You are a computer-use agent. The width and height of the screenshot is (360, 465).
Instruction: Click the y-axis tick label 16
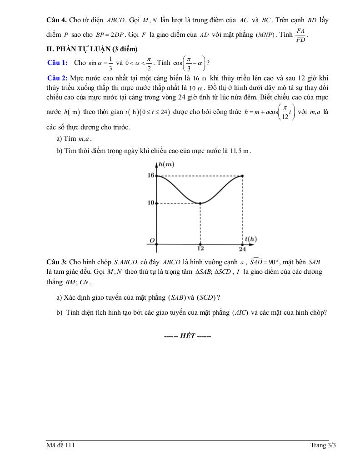(x=151, y=175)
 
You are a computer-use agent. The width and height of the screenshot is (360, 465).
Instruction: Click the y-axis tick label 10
(x=151, y=203)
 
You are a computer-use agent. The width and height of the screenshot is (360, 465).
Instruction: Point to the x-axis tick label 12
(x=200, y=249)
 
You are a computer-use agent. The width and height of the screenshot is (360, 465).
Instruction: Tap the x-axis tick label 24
(x=242, y=249)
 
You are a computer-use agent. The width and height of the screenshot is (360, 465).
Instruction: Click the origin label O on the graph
(x=152, y=239)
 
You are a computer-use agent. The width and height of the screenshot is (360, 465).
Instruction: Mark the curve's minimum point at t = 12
(x=200, y=203)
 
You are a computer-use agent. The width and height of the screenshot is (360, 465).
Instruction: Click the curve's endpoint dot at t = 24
(x=242, y=176)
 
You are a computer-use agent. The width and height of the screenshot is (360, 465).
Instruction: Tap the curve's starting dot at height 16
(x=156, y=176)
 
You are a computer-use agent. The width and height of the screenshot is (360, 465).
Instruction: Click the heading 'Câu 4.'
(x=57, y=20)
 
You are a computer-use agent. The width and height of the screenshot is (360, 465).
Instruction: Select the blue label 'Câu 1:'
(x=58, y=63)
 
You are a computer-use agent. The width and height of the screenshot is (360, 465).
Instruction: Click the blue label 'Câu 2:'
(x=57, y=78)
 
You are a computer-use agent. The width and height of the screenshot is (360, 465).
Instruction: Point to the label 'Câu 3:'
(x=57, y=262)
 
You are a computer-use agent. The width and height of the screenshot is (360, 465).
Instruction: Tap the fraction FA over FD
(x=300, y=35)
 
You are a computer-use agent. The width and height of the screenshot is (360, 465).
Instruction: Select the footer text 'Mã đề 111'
(x=60, y=445)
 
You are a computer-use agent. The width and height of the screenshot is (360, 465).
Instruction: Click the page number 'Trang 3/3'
(x=323, y=445)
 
